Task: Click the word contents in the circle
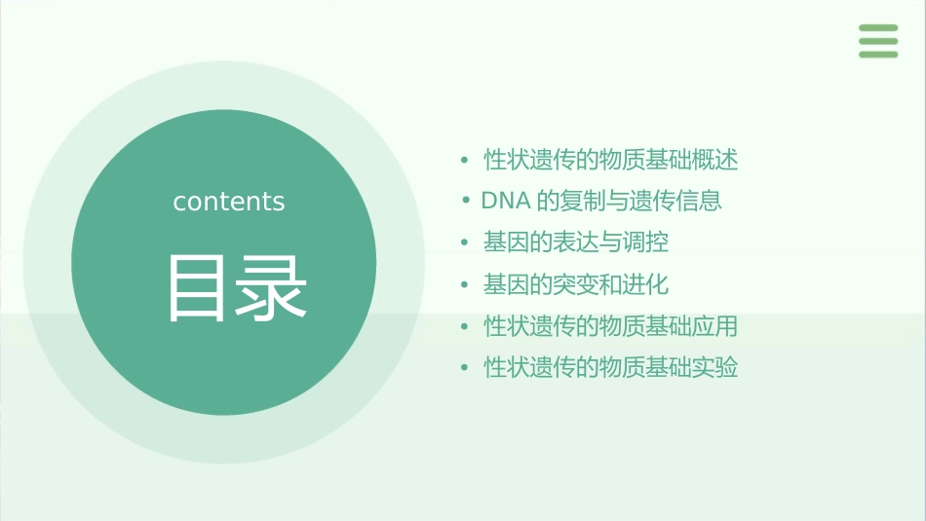(x=229, y=202)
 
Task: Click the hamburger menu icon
(x=878, y=41)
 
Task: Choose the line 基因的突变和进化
(x=576, y=285)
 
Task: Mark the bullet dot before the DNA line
(x=467, y=202)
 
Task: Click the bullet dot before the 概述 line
(x=465, y=161)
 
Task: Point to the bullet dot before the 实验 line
(x=465, y=369)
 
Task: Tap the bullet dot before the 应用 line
(x=465, y=327)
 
